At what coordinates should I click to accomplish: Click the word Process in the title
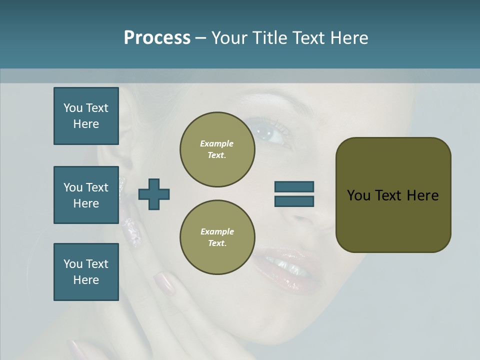coord(157,38)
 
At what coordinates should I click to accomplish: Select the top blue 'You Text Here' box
coord(86,116)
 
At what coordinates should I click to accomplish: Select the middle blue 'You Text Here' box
coord(86,195)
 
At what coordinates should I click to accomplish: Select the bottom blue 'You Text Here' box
coord(86,272)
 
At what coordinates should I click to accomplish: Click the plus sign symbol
coord(154,194)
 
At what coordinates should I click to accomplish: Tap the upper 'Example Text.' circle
coord(217,149)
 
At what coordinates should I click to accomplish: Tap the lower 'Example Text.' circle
coord(217,237)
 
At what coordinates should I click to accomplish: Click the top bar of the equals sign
coord(294,186)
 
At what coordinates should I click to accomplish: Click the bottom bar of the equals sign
coord(294,201)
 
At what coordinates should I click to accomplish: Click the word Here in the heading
coord(348,38)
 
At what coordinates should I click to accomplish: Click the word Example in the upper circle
coord(216,143)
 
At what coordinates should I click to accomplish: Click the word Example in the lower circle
coord(217,231)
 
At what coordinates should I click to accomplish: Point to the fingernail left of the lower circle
coord(164,283)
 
